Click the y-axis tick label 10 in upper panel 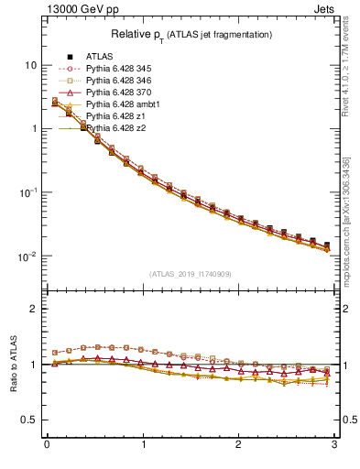30,66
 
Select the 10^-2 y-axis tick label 28,256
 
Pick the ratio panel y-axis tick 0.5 29,420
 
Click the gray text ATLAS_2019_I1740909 191,274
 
